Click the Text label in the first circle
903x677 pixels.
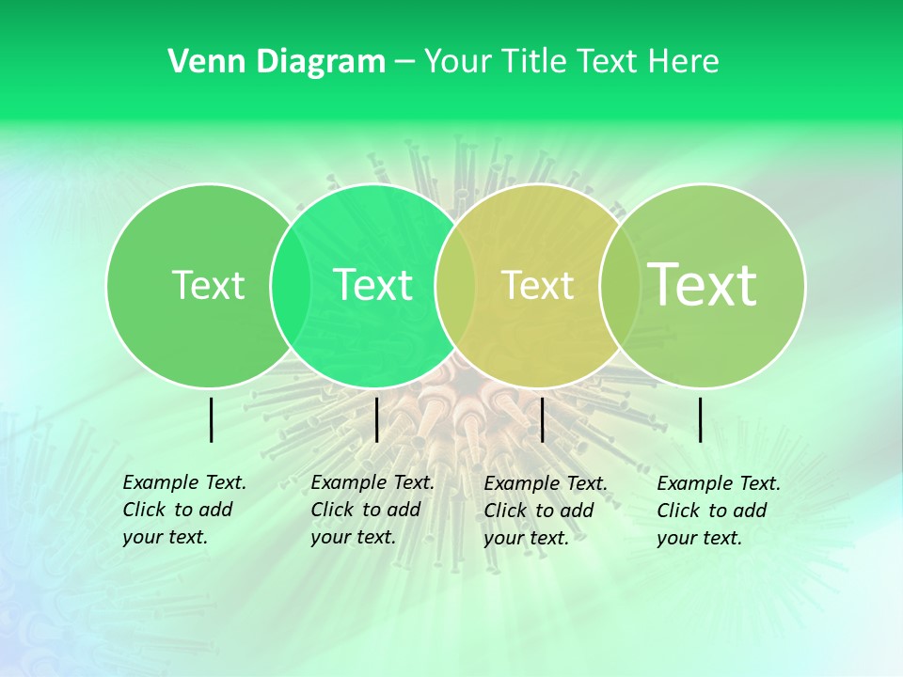pos(208,285)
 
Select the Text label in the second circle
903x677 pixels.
pos(372,285)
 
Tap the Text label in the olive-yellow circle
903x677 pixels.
pos(537,285)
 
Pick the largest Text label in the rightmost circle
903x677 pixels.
pos(703,285)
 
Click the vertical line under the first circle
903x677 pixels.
pos(212,419)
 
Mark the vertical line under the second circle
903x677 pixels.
pos(376,419)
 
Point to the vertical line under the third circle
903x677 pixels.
pos(543,419)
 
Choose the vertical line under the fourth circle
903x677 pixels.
pos(701,419)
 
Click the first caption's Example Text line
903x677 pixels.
pos(184,482)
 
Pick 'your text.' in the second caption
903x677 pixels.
pos(353,537)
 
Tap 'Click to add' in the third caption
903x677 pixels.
pos(539,511)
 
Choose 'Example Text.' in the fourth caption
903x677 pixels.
pos(719,483)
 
